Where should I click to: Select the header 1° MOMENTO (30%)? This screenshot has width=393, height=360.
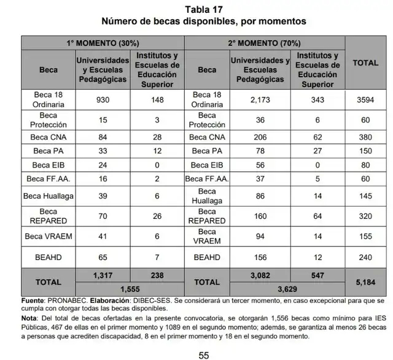point(103,43)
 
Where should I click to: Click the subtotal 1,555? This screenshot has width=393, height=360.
point(129,288)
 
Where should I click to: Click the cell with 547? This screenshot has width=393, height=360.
point(317,277)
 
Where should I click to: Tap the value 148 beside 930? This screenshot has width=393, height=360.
point(157,100)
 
